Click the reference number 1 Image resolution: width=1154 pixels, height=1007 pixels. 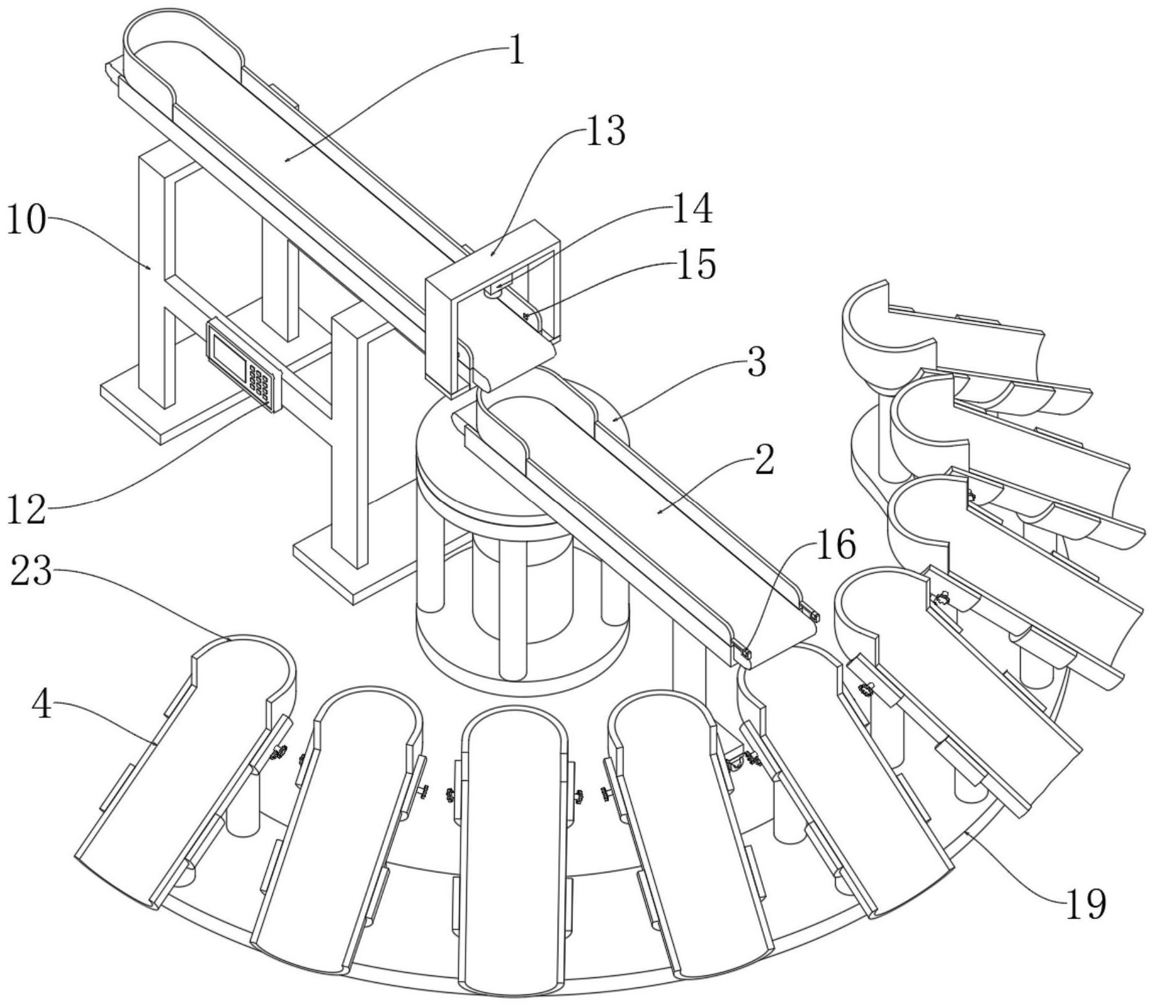(516, 51)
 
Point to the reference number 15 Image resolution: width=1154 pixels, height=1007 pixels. (696, 264)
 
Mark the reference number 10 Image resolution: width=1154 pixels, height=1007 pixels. (27, 222)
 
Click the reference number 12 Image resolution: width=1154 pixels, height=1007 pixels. (27, 509)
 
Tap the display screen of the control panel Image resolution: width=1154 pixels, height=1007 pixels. (227, 356)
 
